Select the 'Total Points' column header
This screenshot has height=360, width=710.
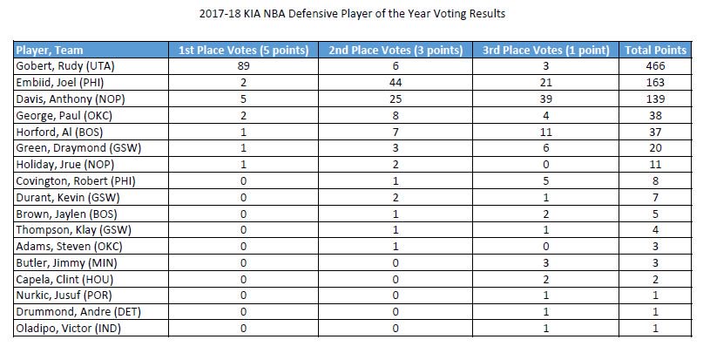tap(655, 51)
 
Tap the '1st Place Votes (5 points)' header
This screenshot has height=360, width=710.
tap(243, 51)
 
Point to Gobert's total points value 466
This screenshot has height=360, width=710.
tap(655, 65)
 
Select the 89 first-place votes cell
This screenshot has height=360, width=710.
tap(243, 65)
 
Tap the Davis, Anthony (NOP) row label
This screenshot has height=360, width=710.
tap(63, 98)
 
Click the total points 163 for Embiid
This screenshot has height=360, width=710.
tap(655, 81)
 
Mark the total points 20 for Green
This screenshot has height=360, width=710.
tap(655, 147)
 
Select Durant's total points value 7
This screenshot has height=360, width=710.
tap(655, 197)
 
